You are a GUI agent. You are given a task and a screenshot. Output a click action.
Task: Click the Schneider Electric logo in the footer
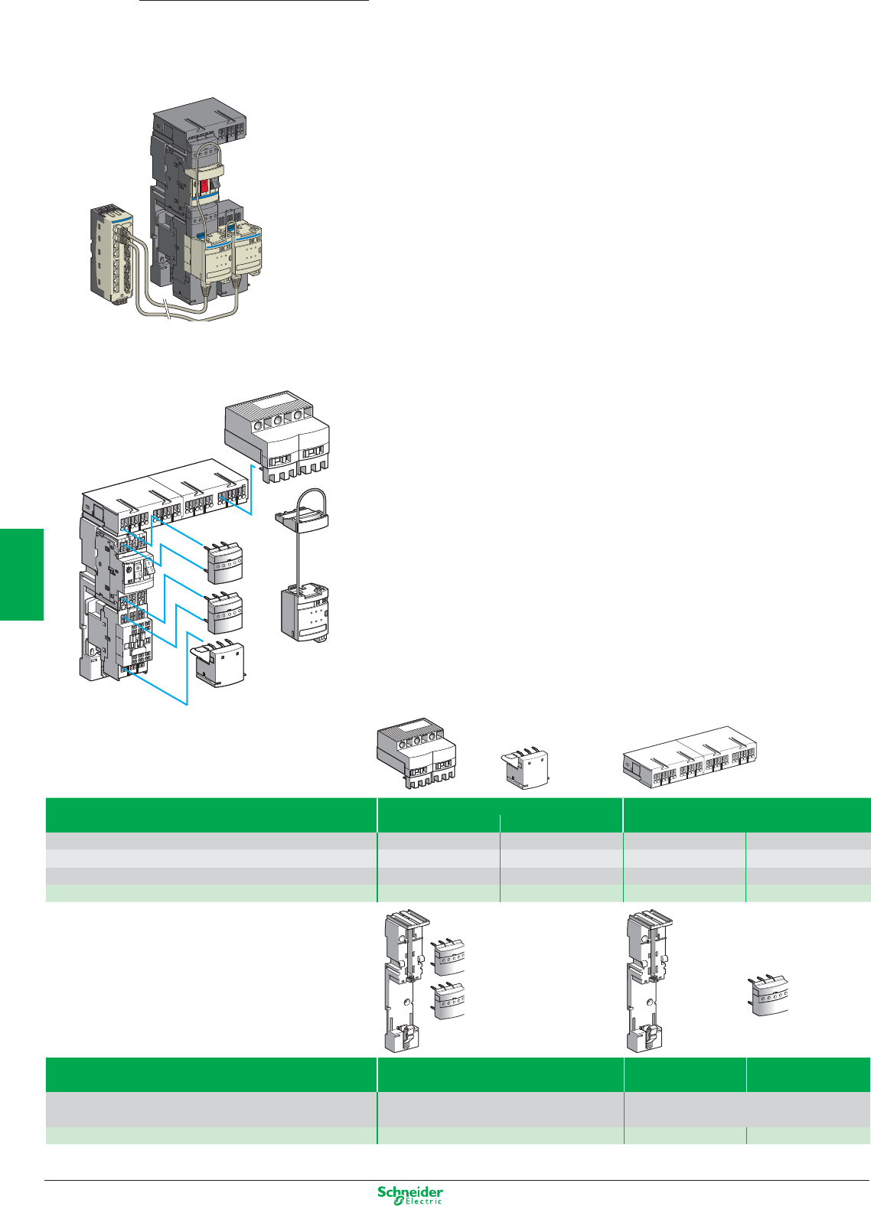tap(410, 1195)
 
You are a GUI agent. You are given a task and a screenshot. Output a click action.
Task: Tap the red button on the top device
tap(205, 187)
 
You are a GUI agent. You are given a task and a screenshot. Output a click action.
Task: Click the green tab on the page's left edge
tap(21, 574)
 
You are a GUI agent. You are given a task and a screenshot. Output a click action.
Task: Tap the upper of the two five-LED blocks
tap(224, 562)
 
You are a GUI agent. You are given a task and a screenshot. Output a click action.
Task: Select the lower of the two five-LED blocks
tap(224, 611)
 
